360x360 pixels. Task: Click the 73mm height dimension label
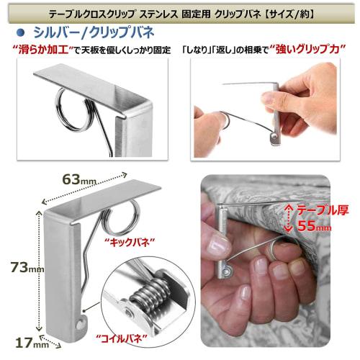click(x=26, y=267)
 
